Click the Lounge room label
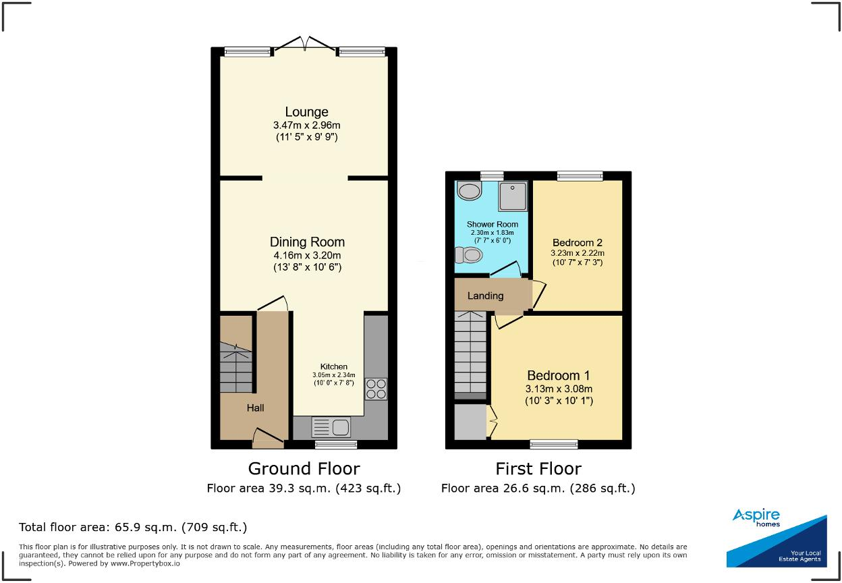[306, 112]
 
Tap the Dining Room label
[307, 242]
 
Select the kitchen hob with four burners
[376, 389]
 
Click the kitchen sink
[331, 427]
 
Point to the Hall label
[255, 408]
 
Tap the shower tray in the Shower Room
[513, 196]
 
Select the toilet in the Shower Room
[470, 255]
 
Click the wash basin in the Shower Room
[469, 191]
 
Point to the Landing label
[485, 296]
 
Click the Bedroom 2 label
[577, 243]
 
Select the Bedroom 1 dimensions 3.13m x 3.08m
[559, 389]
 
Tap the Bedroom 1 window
[553, 443]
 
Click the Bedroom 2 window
[580, 176]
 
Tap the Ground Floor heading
[304, 468]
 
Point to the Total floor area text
[133, 527]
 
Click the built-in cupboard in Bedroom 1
[470, 422]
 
